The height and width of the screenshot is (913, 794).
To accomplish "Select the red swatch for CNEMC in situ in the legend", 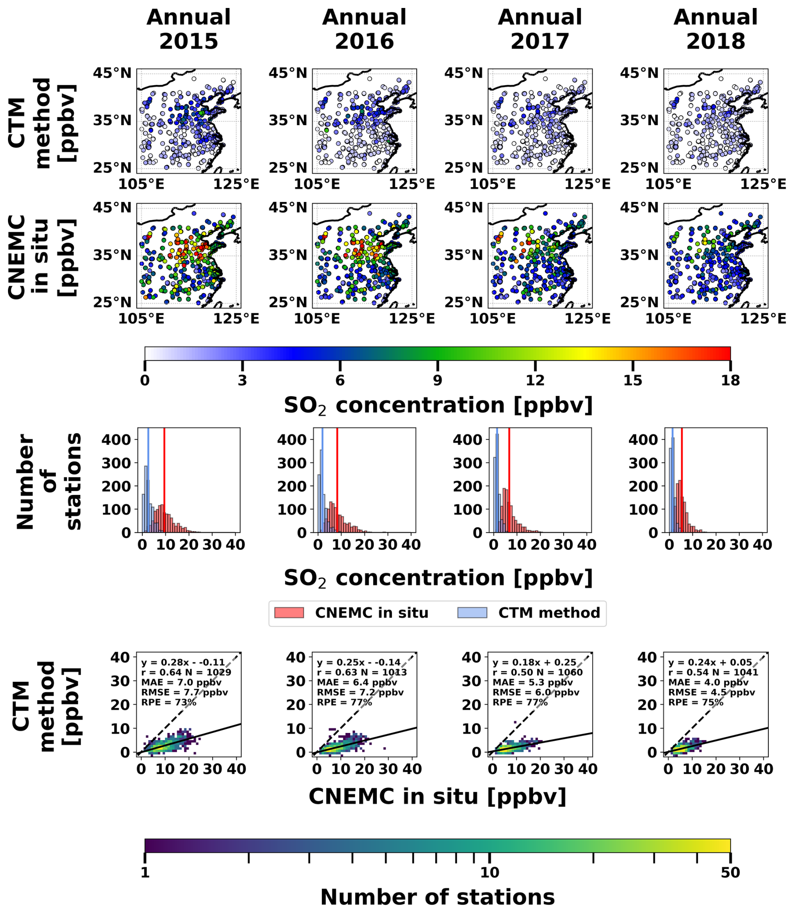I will coord(289,612).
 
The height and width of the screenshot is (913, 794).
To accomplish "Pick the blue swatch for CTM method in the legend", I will coord(472,612).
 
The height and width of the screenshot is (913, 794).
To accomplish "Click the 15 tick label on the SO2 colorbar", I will coord(633,381).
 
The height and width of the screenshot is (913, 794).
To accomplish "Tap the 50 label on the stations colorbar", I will coord(730,872).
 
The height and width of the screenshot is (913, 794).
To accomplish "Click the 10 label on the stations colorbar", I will coord(490,872).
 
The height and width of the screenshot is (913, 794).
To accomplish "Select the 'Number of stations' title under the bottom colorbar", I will coord(437,897).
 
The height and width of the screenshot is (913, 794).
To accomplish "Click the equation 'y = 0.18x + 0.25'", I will coord(534,662).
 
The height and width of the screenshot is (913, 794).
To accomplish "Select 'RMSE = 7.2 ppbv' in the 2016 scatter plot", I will coord(360,692).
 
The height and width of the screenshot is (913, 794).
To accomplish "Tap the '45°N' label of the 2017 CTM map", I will coord(463,73).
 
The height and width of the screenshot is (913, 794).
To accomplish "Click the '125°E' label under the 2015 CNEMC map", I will coord(236,319).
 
